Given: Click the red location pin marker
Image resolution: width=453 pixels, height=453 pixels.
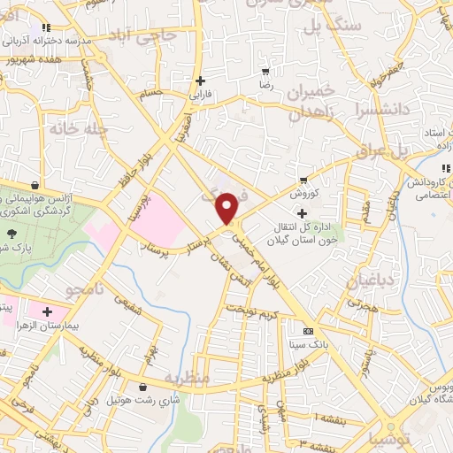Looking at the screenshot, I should coord(227,207).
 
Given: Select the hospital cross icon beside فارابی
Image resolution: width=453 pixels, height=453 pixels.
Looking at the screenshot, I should coord(203,81).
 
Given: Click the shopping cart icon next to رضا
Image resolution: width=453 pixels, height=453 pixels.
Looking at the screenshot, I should coord(265,72).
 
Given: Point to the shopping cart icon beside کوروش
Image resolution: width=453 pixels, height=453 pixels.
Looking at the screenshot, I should coord(304,178).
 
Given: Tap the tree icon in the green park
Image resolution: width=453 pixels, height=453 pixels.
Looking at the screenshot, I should coord(12,234).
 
